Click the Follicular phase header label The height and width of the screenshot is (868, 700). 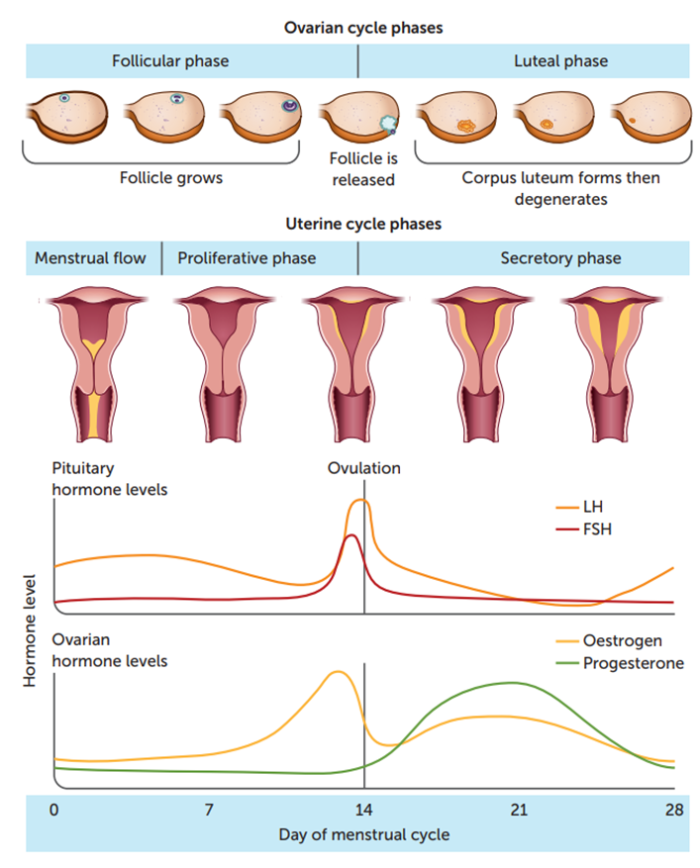click(x=169, y=61)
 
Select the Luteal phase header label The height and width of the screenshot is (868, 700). click(x=560, y=61)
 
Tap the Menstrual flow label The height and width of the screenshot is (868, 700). click(x=90, y=258)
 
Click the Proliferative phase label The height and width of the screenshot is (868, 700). click(x=247, y=258)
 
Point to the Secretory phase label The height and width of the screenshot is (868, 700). click(x=560, y=258)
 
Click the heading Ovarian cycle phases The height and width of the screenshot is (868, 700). click(x=364, y=28)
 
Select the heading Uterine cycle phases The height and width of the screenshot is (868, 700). click(x=364, y=224)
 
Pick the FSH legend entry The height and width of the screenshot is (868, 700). click(x=597, y=529)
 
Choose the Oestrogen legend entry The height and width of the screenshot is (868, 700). click(x=622, y=640)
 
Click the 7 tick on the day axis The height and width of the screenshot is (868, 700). click(x=209, y=810)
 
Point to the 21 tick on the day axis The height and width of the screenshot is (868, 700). click(x=518, y=810)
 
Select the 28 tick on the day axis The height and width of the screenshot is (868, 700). click(x=673, y=810)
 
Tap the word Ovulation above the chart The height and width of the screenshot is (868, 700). click(x=364, y=468)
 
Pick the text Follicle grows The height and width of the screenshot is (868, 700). click(x=171, y=178)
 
